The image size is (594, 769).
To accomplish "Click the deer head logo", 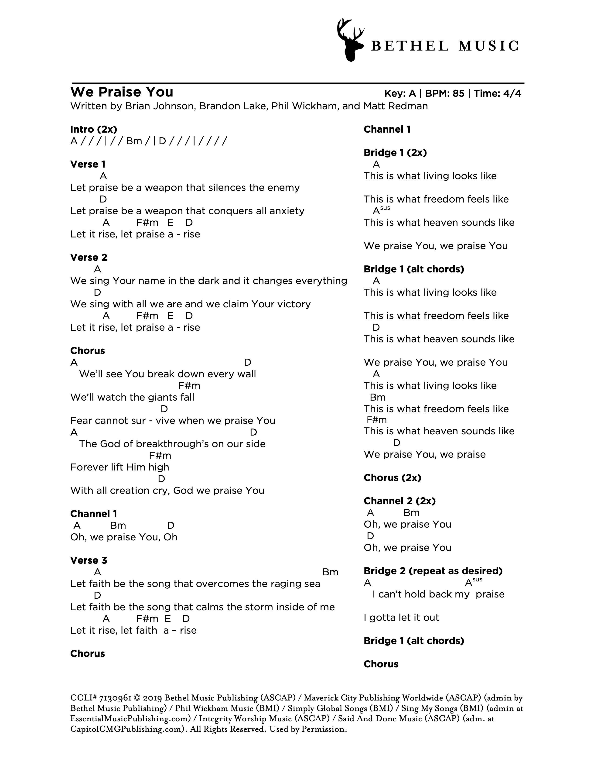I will tap(350, 40).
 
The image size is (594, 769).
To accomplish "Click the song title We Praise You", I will tap(122, 92).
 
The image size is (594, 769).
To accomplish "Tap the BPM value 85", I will tap(458, 93).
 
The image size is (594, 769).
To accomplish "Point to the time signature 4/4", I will tap(512, 93).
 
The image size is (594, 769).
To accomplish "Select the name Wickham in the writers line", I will tap(312, 106).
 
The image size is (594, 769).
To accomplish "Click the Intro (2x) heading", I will tap(94, 129).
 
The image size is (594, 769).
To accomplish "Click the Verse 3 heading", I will tap(89, 560).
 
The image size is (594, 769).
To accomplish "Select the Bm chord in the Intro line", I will tap(134, 141).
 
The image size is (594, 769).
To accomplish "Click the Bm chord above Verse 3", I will tap(330, 572).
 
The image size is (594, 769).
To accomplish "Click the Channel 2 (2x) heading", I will tap(399, 501).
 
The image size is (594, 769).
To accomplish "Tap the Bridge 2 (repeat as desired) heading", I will tap(433, 571).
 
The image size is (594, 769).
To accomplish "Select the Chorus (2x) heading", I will tap(392, 477).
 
